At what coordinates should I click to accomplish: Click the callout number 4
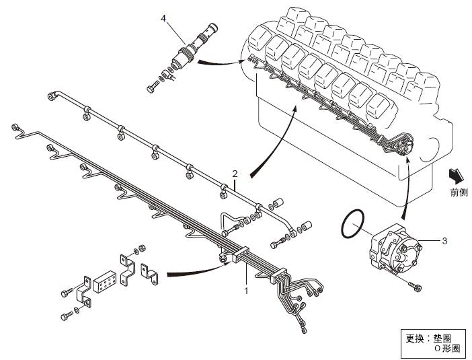[x=163, y=19]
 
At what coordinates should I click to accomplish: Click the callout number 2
[x=235, y=174]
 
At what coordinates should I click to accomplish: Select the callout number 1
[x=247, y=291]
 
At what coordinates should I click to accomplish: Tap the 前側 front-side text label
[x=459, y=192]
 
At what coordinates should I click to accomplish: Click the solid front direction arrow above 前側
[x=457, y=175]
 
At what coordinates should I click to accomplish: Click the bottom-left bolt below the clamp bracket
[x=69, y=314]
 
